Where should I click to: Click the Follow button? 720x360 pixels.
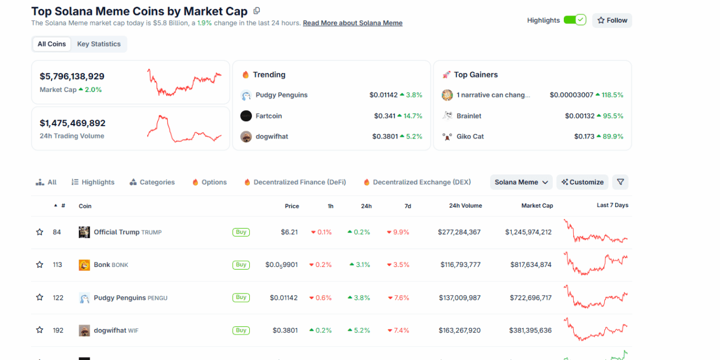tap(612, 20)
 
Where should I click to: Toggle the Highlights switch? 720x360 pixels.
tap(574, 20)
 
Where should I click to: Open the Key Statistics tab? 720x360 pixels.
tap(99, 44)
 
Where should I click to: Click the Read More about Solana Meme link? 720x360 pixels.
tap(352, 23)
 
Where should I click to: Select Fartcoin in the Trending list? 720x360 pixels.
tap(269, 116)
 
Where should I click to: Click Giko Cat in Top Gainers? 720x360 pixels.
tap(470, 136)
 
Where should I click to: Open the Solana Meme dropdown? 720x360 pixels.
tap(521, 182)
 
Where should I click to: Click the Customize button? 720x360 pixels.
tap(582, 182)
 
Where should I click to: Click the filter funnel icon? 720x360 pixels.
tap(620, 182)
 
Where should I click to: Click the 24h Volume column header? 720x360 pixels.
tap(465, 205)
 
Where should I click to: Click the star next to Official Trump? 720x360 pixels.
tap(40, 232)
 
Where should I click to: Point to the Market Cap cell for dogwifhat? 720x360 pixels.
tap(530, 330)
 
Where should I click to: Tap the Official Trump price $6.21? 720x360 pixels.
tap(289, 232)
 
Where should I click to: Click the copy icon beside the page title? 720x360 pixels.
tap(256, 11)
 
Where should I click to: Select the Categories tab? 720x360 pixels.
tap(152, 182)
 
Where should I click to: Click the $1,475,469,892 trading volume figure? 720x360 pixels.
tap(73, 123)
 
